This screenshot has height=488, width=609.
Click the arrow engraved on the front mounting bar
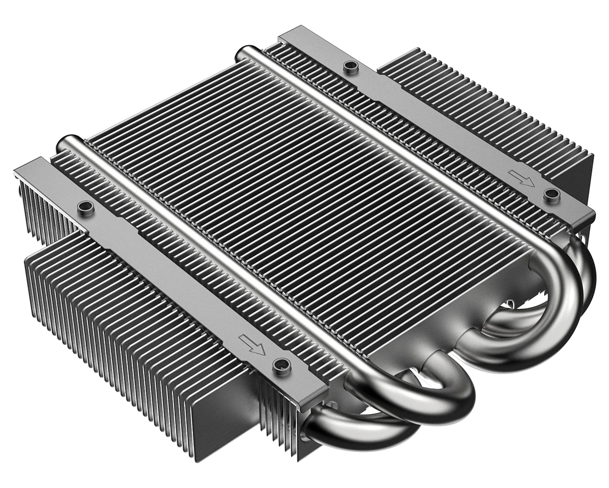[x=253, y=346]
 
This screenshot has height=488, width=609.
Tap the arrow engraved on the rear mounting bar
[x=521, y=178]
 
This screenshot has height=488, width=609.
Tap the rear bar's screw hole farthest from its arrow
[x=349, y=66]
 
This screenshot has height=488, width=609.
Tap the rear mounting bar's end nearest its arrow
[x=584, y=213]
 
